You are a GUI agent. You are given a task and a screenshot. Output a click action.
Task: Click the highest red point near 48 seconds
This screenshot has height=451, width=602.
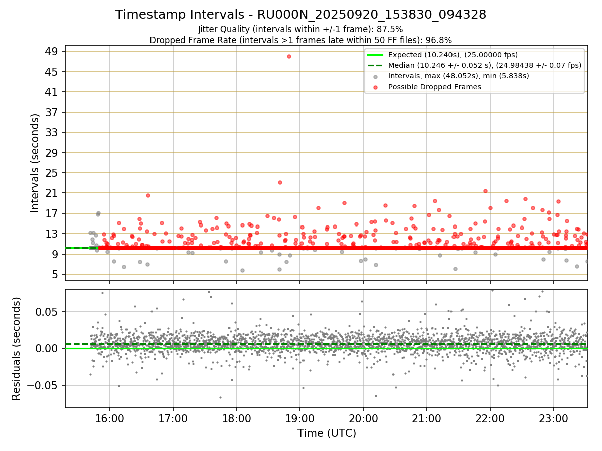[289, 56]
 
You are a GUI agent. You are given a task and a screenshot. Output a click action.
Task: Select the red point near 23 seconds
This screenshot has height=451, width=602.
[280, 182]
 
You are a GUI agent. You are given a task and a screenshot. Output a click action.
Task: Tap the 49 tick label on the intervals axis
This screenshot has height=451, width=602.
[51, 51]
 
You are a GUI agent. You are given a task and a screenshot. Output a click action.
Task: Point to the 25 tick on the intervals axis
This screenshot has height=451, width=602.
[51, 173]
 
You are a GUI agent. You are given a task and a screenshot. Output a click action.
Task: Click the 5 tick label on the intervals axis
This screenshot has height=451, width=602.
[55, 274]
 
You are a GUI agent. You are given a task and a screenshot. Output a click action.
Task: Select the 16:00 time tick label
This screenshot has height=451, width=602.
[109, 418]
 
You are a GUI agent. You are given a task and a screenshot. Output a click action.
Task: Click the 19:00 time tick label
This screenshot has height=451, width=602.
[299, 418]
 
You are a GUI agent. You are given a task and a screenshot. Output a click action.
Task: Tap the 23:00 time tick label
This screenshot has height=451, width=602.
[553, 418]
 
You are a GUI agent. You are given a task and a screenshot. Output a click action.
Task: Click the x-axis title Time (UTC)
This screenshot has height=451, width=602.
[327, 433]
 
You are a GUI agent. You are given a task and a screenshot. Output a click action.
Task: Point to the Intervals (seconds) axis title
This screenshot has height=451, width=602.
[35, 163]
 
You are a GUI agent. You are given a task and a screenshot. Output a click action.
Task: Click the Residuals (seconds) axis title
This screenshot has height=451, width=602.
[16, 348]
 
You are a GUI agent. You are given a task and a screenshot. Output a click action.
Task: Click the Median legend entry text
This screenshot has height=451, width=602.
[485, 65]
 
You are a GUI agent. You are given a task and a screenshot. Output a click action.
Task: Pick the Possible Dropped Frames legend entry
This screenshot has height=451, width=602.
[434, 87]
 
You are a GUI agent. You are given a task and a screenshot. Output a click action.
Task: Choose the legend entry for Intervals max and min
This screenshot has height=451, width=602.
[459, 76]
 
